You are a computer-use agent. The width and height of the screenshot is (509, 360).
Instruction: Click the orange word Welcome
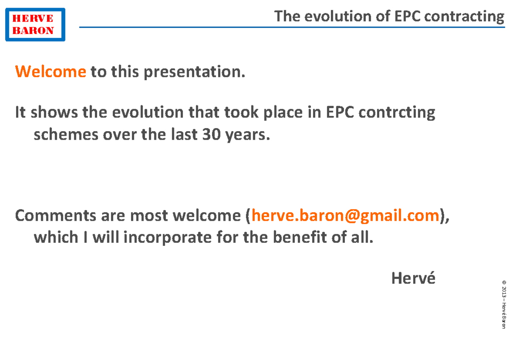(x=50, y=72)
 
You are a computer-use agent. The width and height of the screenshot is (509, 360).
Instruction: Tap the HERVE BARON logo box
(x=35, y=25)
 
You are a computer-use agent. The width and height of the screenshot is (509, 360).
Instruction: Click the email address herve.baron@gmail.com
(x=345, y=216)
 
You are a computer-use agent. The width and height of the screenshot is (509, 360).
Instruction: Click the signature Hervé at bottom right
(x=413, y=278)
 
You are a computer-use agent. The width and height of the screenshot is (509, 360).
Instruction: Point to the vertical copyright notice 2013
(x=503, y=292)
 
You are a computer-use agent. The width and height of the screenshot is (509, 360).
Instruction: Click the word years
(x=249, y=135)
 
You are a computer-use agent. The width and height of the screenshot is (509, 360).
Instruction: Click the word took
(x=242, y=113)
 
